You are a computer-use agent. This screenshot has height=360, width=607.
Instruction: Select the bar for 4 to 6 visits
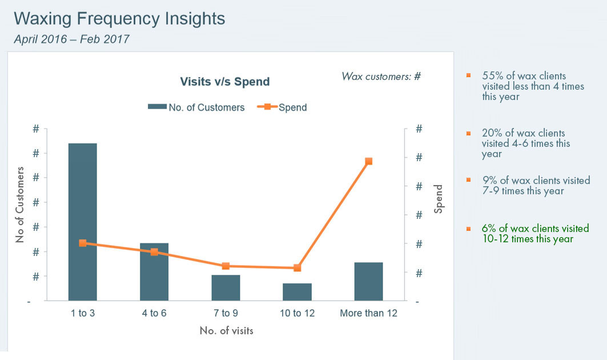[154, 271]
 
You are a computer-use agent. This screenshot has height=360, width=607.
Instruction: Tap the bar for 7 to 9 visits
[226, 287]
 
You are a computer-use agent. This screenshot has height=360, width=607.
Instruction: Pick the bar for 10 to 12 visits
[297, 291]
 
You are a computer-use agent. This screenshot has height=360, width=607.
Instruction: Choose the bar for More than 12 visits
[368, 281]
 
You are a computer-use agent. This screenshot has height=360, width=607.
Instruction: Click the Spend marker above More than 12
[368, 161]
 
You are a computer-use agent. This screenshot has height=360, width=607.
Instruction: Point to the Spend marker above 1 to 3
[83, 243]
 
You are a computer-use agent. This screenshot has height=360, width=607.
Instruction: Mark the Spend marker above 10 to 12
[297, 268]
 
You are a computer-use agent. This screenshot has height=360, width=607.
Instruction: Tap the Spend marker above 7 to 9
[226, 266]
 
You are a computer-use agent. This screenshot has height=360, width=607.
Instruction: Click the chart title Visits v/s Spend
[225, 82]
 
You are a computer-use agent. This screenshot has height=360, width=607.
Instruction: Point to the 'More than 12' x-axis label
[368, 313]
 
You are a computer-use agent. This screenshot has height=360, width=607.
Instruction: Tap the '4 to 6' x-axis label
[154, 313]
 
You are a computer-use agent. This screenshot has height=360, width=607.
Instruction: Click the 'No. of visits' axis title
[226, 330]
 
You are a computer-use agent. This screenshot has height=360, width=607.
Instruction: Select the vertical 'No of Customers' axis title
[21, 205]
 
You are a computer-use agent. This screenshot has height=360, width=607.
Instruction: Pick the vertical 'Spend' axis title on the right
[439, 199]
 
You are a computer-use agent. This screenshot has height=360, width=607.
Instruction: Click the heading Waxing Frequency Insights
[119, 18]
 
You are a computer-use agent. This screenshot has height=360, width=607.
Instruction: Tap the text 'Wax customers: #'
[381, 76]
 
